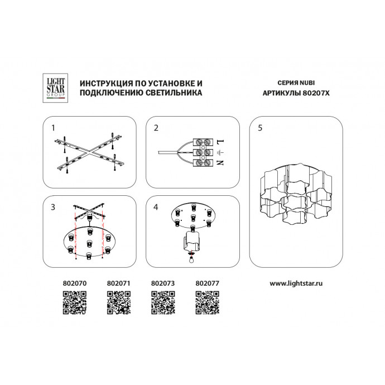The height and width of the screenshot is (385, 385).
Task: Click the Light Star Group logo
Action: pyautogui.click(x=55, y=88)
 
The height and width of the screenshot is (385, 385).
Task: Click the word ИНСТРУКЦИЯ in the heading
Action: pyautogui.click(x=106, y=84)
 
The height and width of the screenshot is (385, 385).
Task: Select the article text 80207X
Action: pyautogui.click(x=316, y=93)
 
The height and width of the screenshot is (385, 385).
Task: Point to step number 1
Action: pyautogui.click(x=53, y=128)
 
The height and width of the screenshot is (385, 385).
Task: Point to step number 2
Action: pyautogui.click(x=156, y=128)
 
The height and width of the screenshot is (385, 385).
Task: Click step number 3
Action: pyautogui.click(x=53, y=207)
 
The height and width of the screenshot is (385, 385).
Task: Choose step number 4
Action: pyautogui.click(x=156, y=207)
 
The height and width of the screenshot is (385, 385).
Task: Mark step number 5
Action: pyautogui.click(x=260, y=128)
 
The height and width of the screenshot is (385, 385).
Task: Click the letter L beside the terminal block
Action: pyautogui.click(x=220, y=142)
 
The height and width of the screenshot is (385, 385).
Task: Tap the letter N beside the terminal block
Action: pyautogui.click(x=220, y=162)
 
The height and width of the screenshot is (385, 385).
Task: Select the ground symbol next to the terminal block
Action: pyautogui.click(x=220, y=153)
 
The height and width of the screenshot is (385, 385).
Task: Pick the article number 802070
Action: pyautogui.click(x=75, y=283)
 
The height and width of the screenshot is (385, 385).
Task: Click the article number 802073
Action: pyautogui.click(x=163, y=283)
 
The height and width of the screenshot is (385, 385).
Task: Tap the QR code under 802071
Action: pyautogui.click(x=119, y=302)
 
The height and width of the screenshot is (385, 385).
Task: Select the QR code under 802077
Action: pyautogui.click(x=208, y=302)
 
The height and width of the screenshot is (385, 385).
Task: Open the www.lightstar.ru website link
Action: pyautogui.click(x=296, y=283)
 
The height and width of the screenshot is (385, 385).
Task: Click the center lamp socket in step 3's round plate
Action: pyautogui.click(x=89, y=244)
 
